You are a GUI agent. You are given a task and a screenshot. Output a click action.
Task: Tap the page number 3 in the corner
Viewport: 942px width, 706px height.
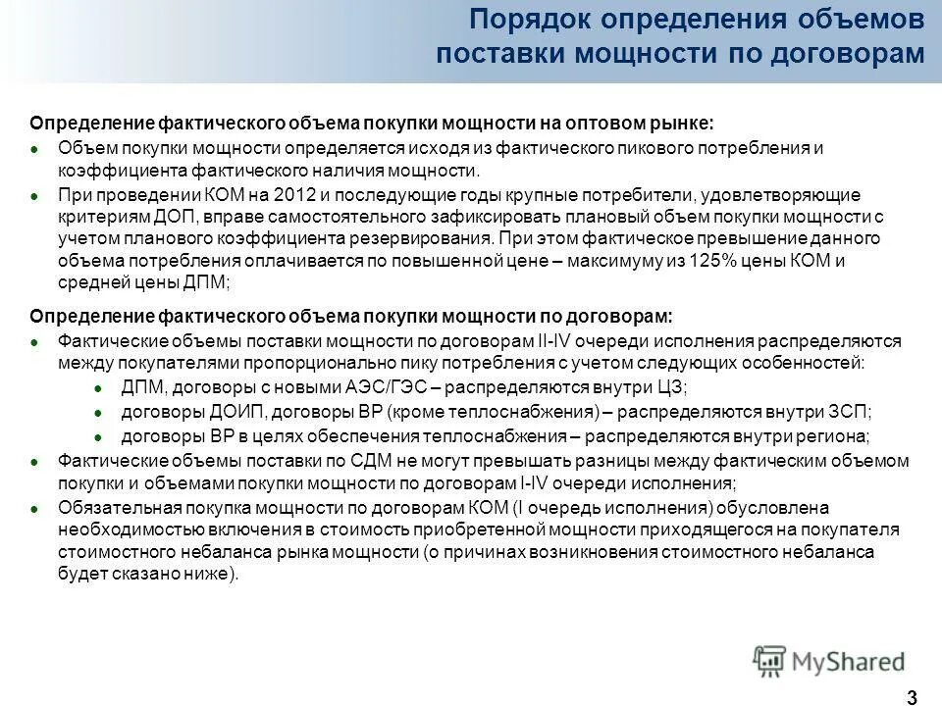point(913,697)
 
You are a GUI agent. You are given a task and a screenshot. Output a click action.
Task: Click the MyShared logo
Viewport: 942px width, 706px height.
point(829,660)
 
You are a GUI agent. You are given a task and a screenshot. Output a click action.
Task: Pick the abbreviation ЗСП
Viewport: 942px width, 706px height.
point(851,411)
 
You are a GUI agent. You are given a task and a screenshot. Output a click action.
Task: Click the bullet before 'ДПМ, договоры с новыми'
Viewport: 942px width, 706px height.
point(98,386)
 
